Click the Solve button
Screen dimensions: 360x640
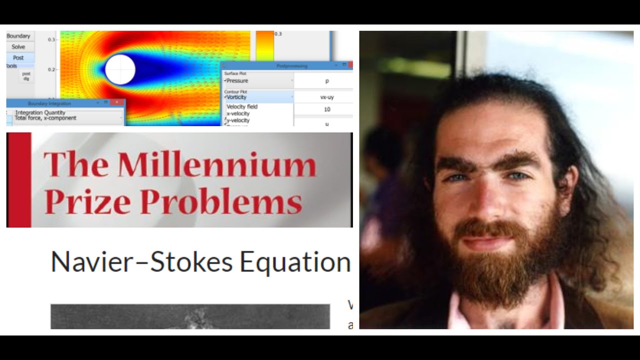(18, 46)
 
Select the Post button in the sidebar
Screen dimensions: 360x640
(18, 57)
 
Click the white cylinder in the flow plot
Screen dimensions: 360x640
(120, 69)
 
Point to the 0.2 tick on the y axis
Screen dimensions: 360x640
(51, 69)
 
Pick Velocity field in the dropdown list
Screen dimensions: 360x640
(242, 106)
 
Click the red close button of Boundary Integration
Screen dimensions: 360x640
(117, 102)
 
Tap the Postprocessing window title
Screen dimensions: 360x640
(292, 65)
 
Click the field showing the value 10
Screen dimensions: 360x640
(327, 109)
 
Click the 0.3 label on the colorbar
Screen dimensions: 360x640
(278, 34)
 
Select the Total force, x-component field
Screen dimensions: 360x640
(46, 118)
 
